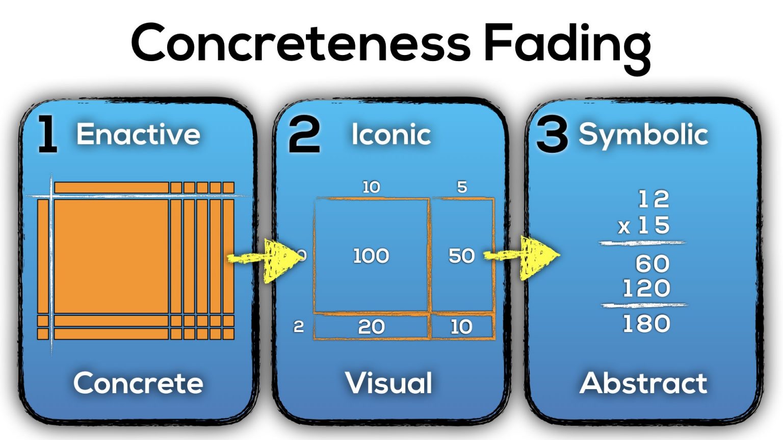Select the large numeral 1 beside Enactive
pos(47,134)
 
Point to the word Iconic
pos(391,134)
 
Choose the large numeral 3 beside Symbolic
pos(552,135)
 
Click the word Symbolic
pos(643,134)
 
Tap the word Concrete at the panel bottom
pos(138,383)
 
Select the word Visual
pos(388,383)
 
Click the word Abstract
pos(643,383)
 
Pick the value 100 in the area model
pos(371,256)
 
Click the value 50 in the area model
pos(461,256)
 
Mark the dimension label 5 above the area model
pos(462,187)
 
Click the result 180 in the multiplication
pos(646,324)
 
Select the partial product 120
pos(646,289)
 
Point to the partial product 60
pos(652,264)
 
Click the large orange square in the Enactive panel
pos(111,256)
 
